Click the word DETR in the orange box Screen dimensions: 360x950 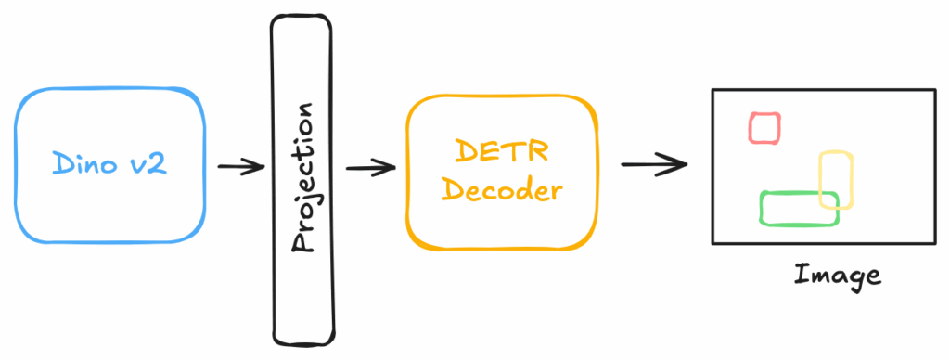point(502,149)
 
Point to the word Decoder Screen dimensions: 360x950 point(502,191)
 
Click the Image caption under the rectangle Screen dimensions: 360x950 point(837,275)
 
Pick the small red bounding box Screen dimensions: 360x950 point(764,128)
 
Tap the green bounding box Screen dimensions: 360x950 point(798,208)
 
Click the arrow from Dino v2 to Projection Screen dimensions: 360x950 point(240,168)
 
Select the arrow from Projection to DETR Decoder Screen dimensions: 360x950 point(369,168)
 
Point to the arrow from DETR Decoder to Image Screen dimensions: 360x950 point(653,165)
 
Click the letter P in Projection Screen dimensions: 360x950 point(301,243)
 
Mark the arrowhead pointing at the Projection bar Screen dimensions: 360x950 point(257,168)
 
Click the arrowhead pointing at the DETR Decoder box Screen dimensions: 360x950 point(388,168)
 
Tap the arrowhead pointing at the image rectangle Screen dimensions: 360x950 point(680,165)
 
